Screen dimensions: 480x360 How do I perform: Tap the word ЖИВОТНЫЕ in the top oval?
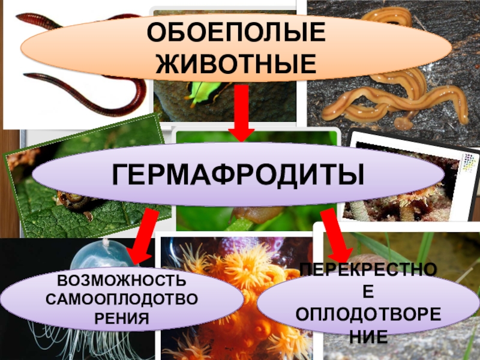point(236,63)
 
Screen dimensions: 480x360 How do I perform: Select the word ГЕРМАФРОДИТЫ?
point(238,175)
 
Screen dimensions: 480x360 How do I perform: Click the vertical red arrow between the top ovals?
point(241,114)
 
